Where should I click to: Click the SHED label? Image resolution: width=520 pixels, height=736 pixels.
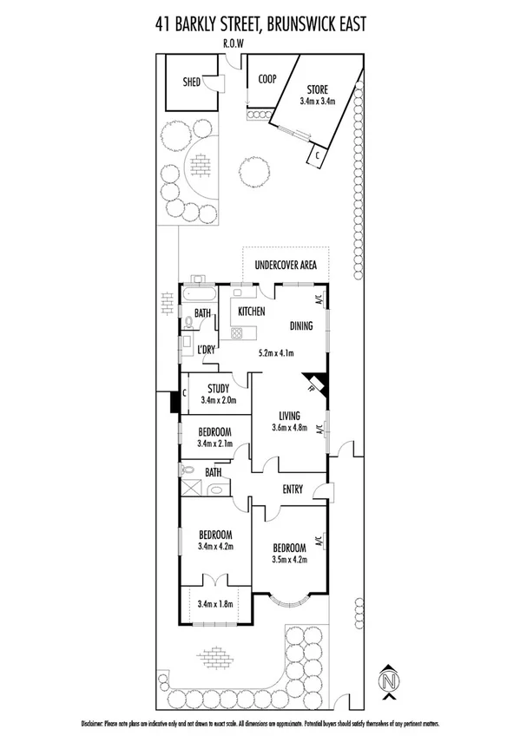click(191, 82)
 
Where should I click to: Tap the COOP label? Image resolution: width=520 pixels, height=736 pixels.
click(267, 79)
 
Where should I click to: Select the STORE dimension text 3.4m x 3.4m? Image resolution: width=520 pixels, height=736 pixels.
click(318, 102)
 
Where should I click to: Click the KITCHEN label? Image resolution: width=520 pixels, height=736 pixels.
click(252, 312)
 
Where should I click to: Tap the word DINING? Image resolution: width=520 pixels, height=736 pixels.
click(305, 327)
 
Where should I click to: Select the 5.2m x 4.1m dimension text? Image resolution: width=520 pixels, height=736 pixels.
click(278, 353)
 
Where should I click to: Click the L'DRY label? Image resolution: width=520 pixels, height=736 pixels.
click(205, 349)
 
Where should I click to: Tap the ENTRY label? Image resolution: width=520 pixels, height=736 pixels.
click(293, 490)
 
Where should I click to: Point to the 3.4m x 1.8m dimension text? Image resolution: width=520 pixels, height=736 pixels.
click(215, 604)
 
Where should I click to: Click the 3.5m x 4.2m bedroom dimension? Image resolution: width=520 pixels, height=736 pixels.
click(289, 559)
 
